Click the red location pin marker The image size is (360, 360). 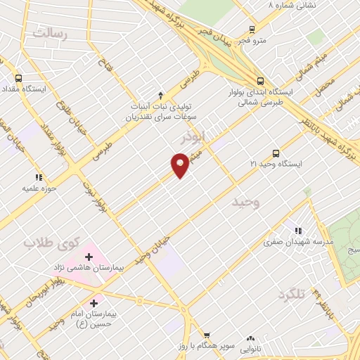pyautogui.click(x=180, y=165)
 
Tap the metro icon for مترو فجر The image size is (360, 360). pyautogui.click(x=252, y=30)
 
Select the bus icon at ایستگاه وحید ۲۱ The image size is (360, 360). pyautogui.click(x=275, y=153)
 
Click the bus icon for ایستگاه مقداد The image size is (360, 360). pyautogui.click(x=19, y=79)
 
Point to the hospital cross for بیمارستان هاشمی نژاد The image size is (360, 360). pyautogui.click(x=89, y=257)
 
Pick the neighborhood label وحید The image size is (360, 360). pyautogui.click(x=247, y=202)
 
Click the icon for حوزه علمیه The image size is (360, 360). pyautogui.click(x=39, y=177)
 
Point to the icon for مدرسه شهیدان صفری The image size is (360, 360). pyautogui.click(x=298, y=231)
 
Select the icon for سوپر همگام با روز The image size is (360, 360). pyautogui.click(x=206, y=335)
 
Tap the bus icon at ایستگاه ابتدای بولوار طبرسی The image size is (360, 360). pyautogui.click(x=260, y=81)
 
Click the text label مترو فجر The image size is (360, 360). pyautogui.click(x=252, y=39)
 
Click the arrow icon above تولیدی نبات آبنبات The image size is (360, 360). pyautogui.click(x=160, y=95)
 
